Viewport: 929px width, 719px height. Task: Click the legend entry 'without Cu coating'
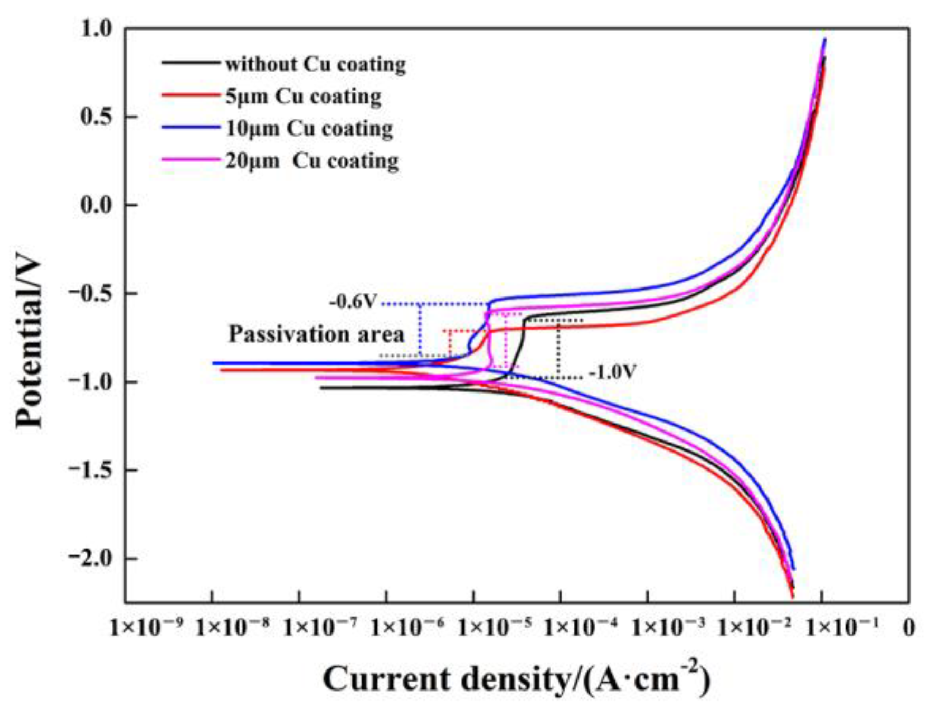(x=315, y=64)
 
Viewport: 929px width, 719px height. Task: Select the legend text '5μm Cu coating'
(x=303, y=97)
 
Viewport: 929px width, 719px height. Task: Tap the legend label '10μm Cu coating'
(x=309, y=129)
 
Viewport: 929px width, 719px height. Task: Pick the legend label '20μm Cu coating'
(x=311, y=161)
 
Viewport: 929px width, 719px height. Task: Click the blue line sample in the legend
(x=190, y=128)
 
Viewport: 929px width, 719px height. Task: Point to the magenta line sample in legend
(x=190, y=160)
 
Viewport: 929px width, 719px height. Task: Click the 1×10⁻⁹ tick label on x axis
(x=146, y=627)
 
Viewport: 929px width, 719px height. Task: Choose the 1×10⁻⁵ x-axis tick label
(x=495, y=627)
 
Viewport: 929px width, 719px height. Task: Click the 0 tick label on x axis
(x=908, y=628)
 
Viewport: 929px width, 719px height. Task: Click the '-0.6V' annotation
(x=353, y=302)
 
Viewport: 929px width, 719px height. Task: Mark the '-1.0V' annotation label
(x=612, y=372)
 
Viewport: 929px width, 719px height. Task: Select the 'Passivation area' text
(x=316, y=334)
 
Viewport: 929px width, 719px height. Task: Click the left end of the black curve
(x=321, y=388)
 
